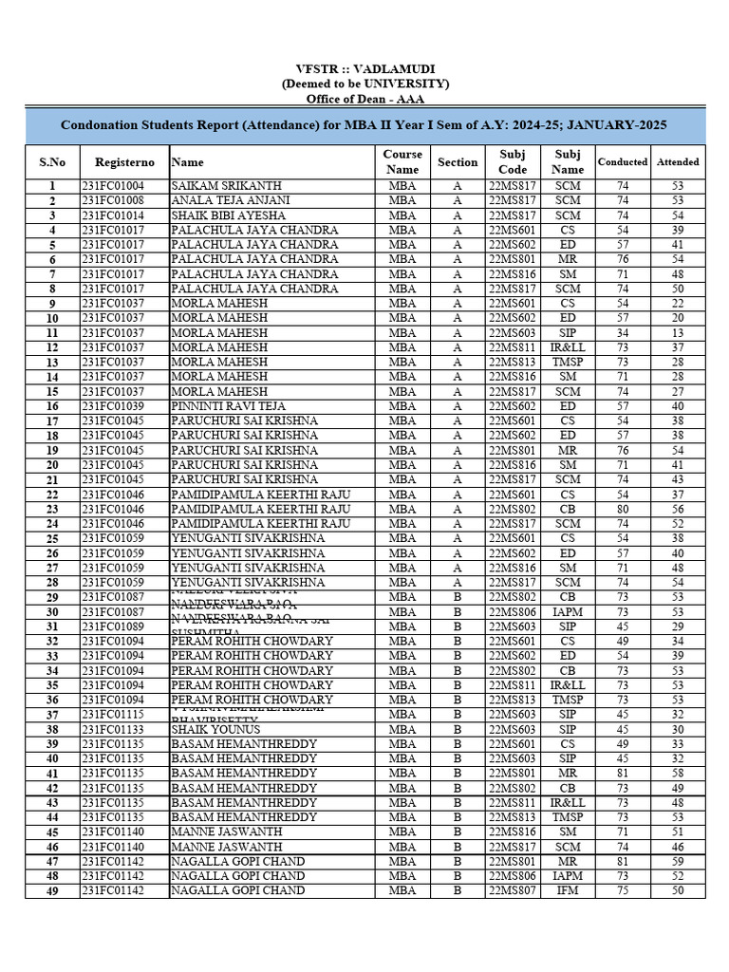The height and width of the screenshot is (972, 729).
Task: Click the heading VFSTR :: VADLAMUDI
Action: pyautogui.click(x=364, y=69)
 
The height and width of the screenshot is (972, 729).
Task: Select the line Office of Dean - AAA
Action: pyautogui.click(x=364, y=99)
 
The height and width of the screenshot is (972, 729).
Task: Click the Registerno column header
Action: pyautogui.click(x=124, y=162)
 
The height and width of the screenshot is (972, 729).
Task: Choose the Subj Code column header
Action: pyautogui.click(x=512, y=161)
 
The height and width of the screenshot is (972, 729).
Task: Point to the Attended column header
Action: pyautogui.click(x=678, y=162)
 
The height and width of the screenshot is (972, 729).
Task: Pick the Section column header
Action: pyautogui.click(x=458, y=162)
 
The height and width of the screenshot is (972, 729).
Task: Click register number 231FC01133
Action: pyautogui.click(x=113, y=729)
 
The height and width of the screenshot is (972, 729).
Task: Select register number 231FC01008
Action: pyautogui.click(x=113, y=201)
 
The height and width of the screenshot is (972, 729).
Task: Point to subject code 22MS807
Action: pyautogui.click(x=513, y=890)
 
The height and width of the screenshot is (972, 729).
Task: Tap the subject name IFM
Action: pyautogui.click(x=568, y=890)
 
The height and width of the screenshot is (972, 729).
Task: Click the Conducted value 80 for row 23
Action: pyautogui.click(x=623, y=509)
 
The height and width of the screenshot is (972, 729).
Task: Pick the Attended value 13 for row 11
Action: pyautogui.click(x=678, y=333)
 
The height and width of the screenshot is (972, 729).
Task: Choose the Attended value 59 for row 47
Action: pyautogui.click(x=678, y=861)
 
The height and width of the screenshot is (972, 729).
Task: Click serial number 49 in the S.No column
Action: pyautogui.click(x=52, y=890)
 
